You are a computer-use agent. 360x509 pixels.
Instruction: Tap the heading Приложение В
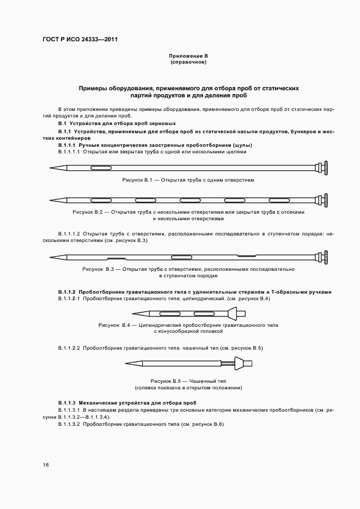188,56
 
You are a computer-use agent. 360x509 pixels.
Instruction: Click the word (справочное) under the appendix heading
188,62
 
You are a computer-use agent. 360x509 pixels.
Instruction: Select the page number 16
46,465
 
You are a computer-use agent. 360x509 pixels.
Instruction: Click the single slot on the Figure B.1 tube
98,166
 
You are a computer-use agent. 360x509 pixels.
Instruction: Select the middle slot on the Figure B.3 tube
180,256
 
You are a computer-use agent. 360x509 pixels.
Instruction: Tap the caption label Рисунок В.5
165,381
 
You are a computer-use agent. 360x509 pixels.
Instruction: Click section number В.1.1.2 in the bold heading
67,292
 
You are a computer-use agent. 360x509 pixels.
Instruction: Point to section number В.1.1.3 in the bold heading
67,402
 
